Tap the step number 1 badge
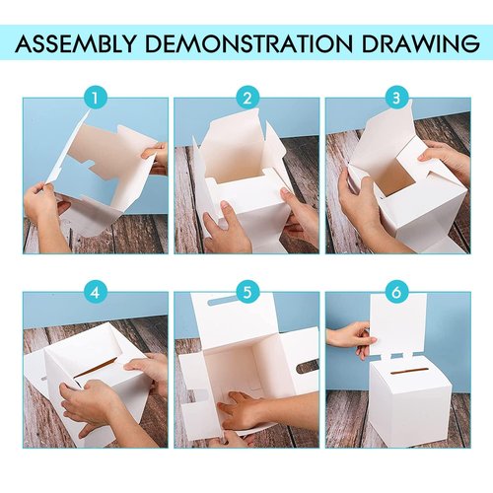click(95, 99)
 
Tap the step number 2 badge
click(247, 99)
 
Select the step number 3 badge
click(397, 99)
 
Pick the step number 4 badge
click(95, 293)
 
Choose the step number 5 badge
click(247, 293)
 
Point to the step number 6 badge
click(397, 293)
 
